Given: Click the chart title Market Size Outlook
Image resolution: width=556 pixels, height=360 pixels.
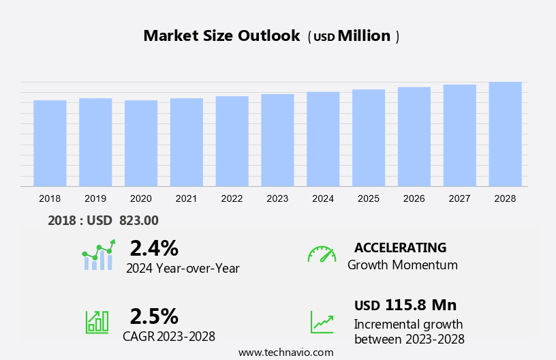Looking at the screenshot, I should [x=221, y=36].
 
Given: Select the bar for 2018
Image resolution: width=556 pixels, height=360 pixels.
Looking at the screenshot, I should [x=50, y=143].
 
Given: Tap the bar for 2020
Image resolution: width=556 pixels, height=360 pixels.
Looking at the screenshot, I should [x=141, y=143].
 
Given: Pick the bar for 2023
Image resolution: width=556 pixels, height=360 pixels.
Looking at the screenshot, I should [x=277, y=140].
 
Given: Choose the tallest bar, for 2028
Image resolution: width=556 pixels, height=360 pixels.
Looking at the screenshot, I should [x=505, y=134].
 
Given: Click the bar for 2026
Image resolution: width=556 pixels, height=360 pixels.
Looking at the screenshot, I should [x=414, y=136].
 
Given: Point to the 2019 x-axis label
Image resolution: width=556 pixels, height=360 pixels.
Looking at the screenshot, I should [x=95, y=198].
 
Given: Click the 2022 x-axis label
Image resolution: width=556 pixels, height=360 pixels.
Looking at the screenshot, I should [x=232, y=198].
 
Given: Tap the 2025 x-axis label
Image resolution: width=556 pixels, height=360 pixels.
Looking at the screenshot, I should [x=369, y=198].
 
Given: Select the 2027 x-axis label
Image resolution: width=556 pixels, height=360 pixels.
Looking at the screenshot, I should [x=459, y=198].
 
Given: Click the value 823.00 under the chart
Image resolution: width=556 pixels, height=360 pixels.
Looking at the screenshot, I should [x=138, y=220].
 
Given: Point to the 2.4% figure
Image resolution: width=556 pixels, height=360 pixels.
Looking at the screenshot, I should [x=154, y=247].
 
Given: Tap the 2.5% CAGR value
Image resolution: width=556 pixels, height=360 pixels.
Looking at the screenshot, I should [x=154, y=316].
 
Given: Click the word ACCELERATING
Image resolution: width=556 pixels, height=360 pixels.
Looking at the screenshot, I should [x=400, y=247].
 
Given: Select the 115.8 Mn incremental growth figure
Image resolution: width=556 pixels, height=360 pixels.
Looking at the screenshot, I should [x=420, y=305].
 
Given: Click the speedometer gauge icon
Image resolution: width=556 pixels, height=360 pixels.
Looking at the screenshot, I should [x=322, y=254].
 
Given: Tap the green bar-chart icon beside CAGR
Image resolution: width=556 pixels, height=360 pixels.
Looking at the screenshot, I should [x=97, y=321].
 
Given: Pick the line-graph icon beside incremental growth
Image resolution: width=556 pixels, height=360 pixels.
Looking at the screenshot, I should [x=322, y=322].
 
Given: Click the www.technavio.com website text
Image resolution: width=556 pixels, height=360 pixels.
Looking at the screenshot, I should [x=286, y=352].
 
